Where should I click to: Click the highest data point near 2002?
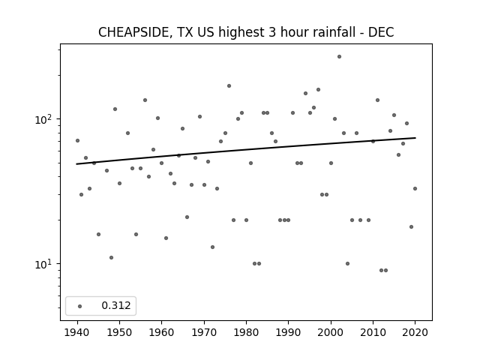coord(339,57)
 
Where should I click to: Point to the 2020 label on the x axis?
coord(415,332)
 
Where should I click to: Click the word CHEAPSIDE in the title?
coord(133,32)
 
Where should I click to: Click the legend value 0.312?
coord(116,305)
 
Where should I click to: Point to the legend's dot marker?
coord(80,306)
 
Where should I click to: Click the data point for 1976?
coord(229,86)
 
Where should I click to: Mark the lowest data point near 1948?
coord(111,258)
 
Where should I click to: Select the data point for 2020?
coord(415,188)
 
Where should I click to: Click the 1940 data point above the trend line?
coord(77,140)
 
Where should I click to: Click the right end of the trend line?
coord(415,138)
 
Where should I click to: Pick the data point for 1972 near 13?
coord(212,247)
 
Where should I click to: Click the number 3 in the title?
coord(272,32)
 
